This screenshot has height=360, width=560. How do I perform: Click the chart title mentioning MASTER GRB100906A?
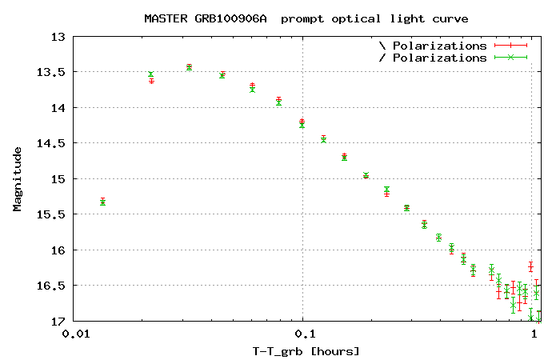(x=306, y=18)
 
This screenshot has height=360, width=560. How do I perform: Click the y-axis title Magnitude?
(x=18, y=178)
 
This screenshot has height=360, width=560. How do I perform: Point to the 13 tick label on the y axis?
(x=58, y=37)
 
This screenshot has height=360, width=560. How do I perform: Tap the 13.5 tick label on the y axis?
(x=52, y=72)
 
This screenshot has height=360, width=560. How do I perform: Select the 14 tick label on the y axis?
(x=58, y=108)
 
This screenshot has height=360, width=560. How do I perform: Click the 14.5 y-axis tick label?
(x=52, y=143)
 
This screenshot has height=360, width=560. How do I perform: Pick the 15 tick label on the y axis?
(x=58, y=179)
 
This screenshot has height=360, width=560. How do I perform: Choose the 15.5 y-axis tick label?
(x=52, y=214)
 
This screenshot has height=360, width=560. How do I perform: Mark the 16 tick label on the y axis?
(x=58, y=250)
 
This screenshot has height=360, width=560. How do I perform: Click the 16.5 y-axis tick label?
(x=52, y=286)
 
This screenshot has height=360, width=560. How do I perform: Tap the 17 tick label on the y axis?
(x=58, y=322)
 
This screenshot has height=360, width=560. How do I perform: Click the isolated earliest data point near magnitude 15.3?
(x=102, y=202)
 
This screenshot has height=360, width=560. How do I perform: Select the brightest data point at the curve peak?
(x=189, y=66)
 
